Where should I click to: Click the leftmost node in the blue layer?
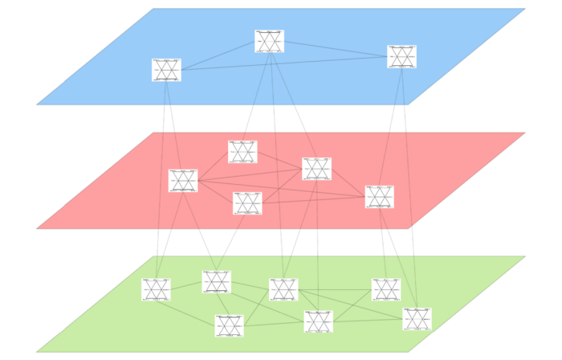pos(166,70)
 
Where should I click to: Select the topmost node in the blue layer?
pos(269,41)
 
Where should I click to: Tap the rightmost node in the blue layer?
pos(401,57)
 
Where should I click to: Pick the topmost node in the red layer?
pos(242,152)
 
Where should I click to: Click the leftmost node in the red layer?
pos(183,181)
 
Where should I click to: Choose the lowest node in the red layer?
pos(247,203)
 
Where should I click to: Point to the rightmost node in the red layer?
pos(379,197)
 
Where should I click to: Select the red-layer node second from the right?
pos(316,169)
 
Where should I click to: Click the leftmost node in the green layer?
pos(156,289)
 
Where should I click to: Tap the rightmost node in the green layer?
pos(417,319)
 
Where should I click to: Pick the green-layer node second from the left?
pos(216,282)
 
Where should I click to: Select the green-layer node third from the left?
pos(229,325)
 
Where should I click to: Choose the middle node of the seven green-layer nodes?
pos(283,289)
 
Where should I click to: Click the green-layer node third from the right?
pos(318,321)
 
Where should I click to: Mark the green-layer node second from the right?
pos(386,289)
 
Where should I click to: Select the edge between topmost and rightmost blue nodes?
pos(336,49)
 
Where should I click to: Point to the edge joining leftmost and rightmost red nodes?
pos(281,189)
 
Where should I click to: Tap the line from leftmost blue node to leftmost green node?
pos(161,177)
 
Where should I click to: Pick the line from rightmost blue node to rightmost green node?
pos(409,185)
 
